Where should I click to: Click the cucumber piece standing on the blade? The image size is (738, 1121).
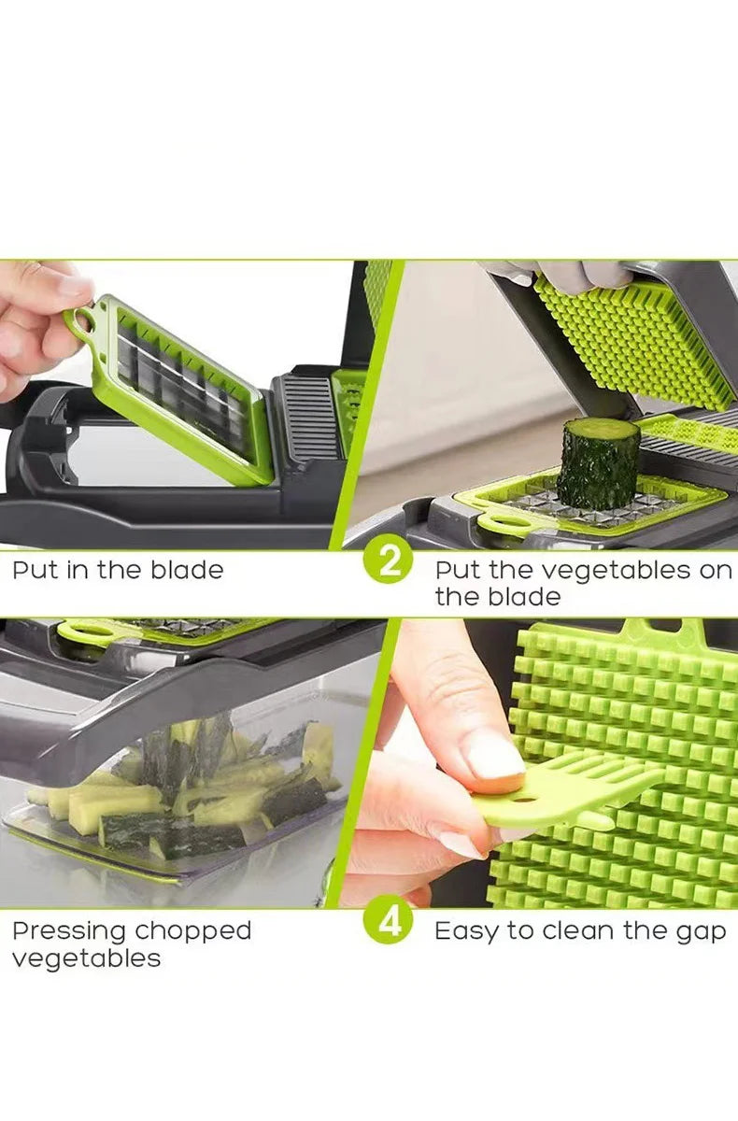[598, 463]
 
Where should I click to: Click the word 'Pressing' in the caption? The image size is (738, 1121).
[68, 931]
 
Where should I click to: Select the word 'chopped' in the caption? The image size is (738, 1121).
[192, 931]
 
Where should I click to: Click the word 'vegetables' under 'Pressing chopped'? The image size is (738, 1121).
[86, 958]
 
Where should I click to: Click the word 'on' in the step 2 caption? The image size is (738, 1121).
[715, 570]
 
